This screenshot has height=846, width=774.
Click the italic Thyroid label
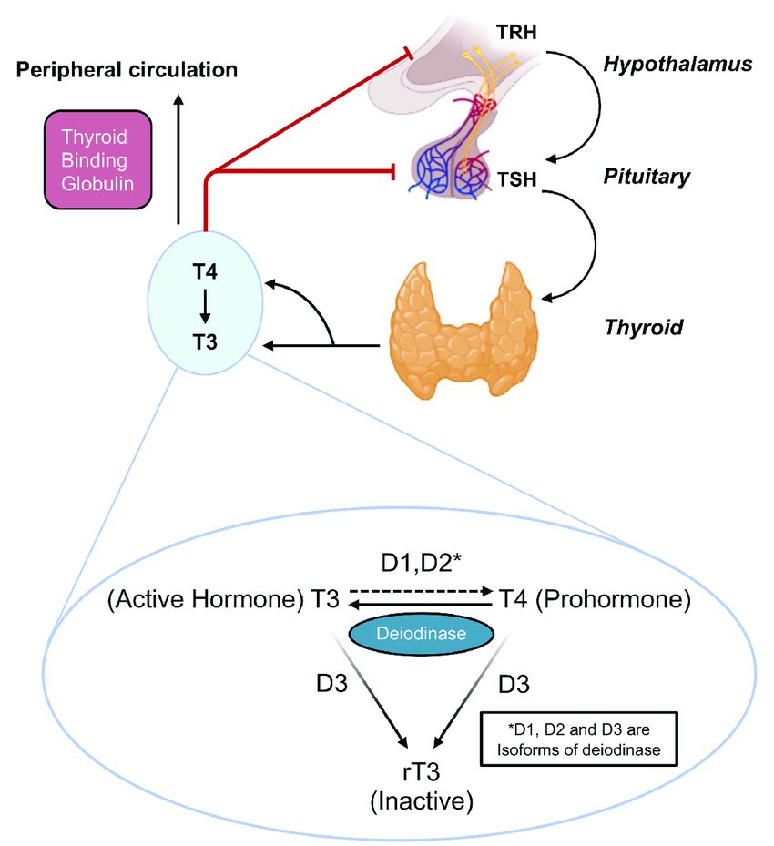[643, 328]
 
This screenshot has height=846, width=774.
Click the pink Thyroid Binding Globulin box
[97, 158]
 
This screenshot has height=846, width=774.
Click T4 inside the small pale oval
[205, 271]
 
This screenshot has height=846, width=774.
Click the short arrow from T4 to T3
[205, 306]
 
